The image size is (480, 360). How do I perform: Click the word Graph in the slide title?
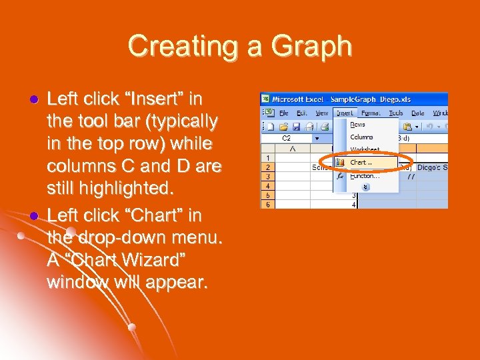313,47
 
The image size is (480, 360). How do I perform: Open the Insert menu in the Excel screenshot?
344,113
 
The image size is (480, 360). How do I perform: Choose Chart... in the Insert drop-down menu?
362,162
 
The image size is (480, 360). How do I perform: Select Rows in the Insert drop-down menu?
358,125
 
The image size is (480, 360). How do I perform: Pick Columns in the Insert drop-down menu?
362,137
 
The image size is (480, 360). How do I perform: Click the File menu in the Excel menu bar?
283,113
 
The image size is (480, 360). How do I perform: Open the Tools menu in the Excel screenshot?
396,113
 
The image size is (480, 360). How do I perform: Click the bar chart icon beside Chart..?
340,162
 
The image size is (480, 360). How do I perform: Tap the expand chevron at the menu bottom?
365,187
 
